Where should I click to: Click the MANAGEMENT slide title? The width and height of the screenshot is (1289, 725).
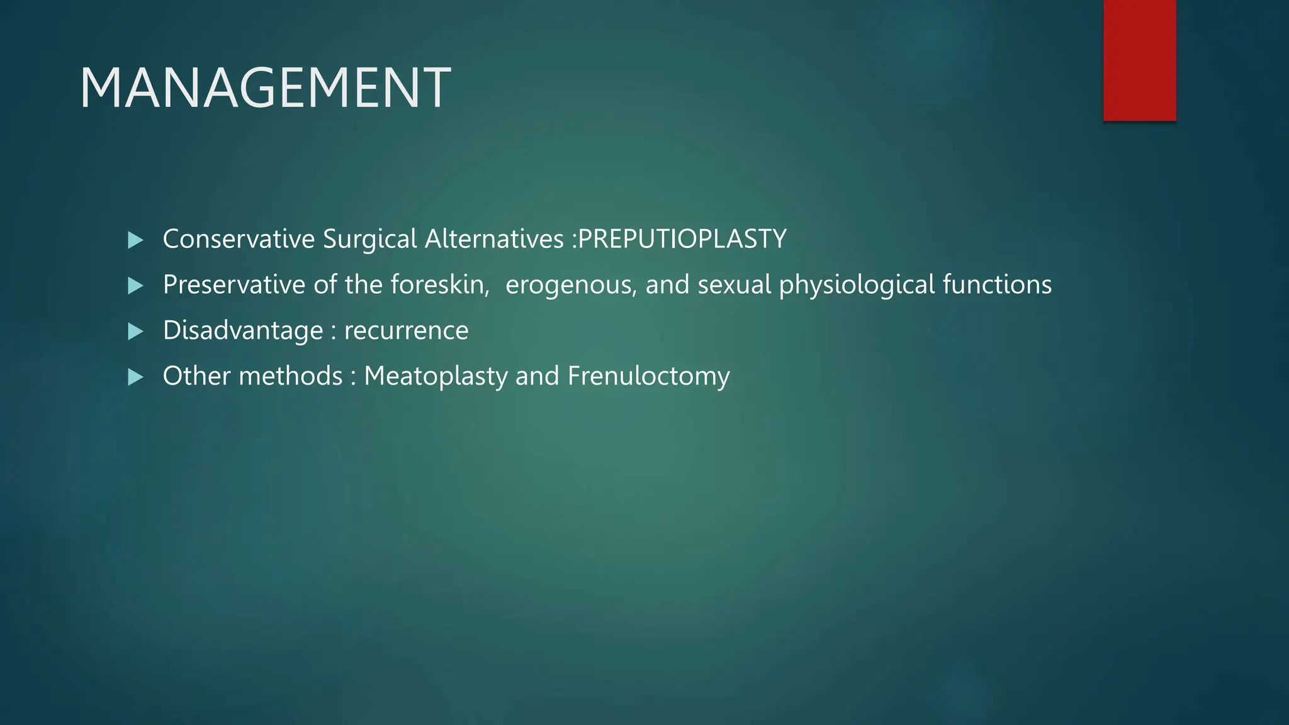tap(265, 88)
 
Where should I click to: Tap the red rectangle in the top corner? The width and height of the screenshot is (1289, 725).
tap(1139, 60)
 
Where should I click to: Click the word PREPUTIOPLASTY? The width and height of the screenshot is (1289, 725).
tap(682, 239)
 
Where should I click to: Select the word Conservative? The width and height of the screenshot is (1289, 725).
tap(239, 239)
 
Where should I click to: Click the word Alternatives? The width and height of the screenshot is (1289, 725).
tap(494, 239)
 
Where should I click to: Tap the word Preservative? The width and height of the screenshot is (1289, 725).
tap(234, 284)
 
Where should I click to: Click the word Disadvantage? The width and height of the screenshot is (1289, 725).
tap(242, 331)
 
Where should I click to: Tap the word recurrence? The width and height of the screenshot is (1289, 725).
tap(406, 331)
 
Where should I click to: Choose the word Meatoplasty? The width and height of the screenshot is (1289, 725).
tap(436, 376)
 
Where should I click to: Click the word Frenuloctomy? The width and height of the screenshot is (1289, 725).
tap(648, 376)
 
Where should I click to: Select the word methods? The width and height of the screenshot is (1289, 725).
tap(291, 376)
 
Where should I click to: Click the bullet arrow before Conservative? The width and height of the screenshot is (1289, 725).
tap(135, 240)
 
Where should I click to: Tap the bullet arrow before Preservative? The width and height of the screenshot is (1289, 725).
tap(135, 286)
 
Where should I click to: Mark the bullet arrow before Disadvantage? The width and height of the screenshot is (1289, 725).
tap(135, 331)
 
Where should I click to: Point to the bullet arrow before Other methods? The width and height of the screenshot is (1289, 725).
tap(135, 377)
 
